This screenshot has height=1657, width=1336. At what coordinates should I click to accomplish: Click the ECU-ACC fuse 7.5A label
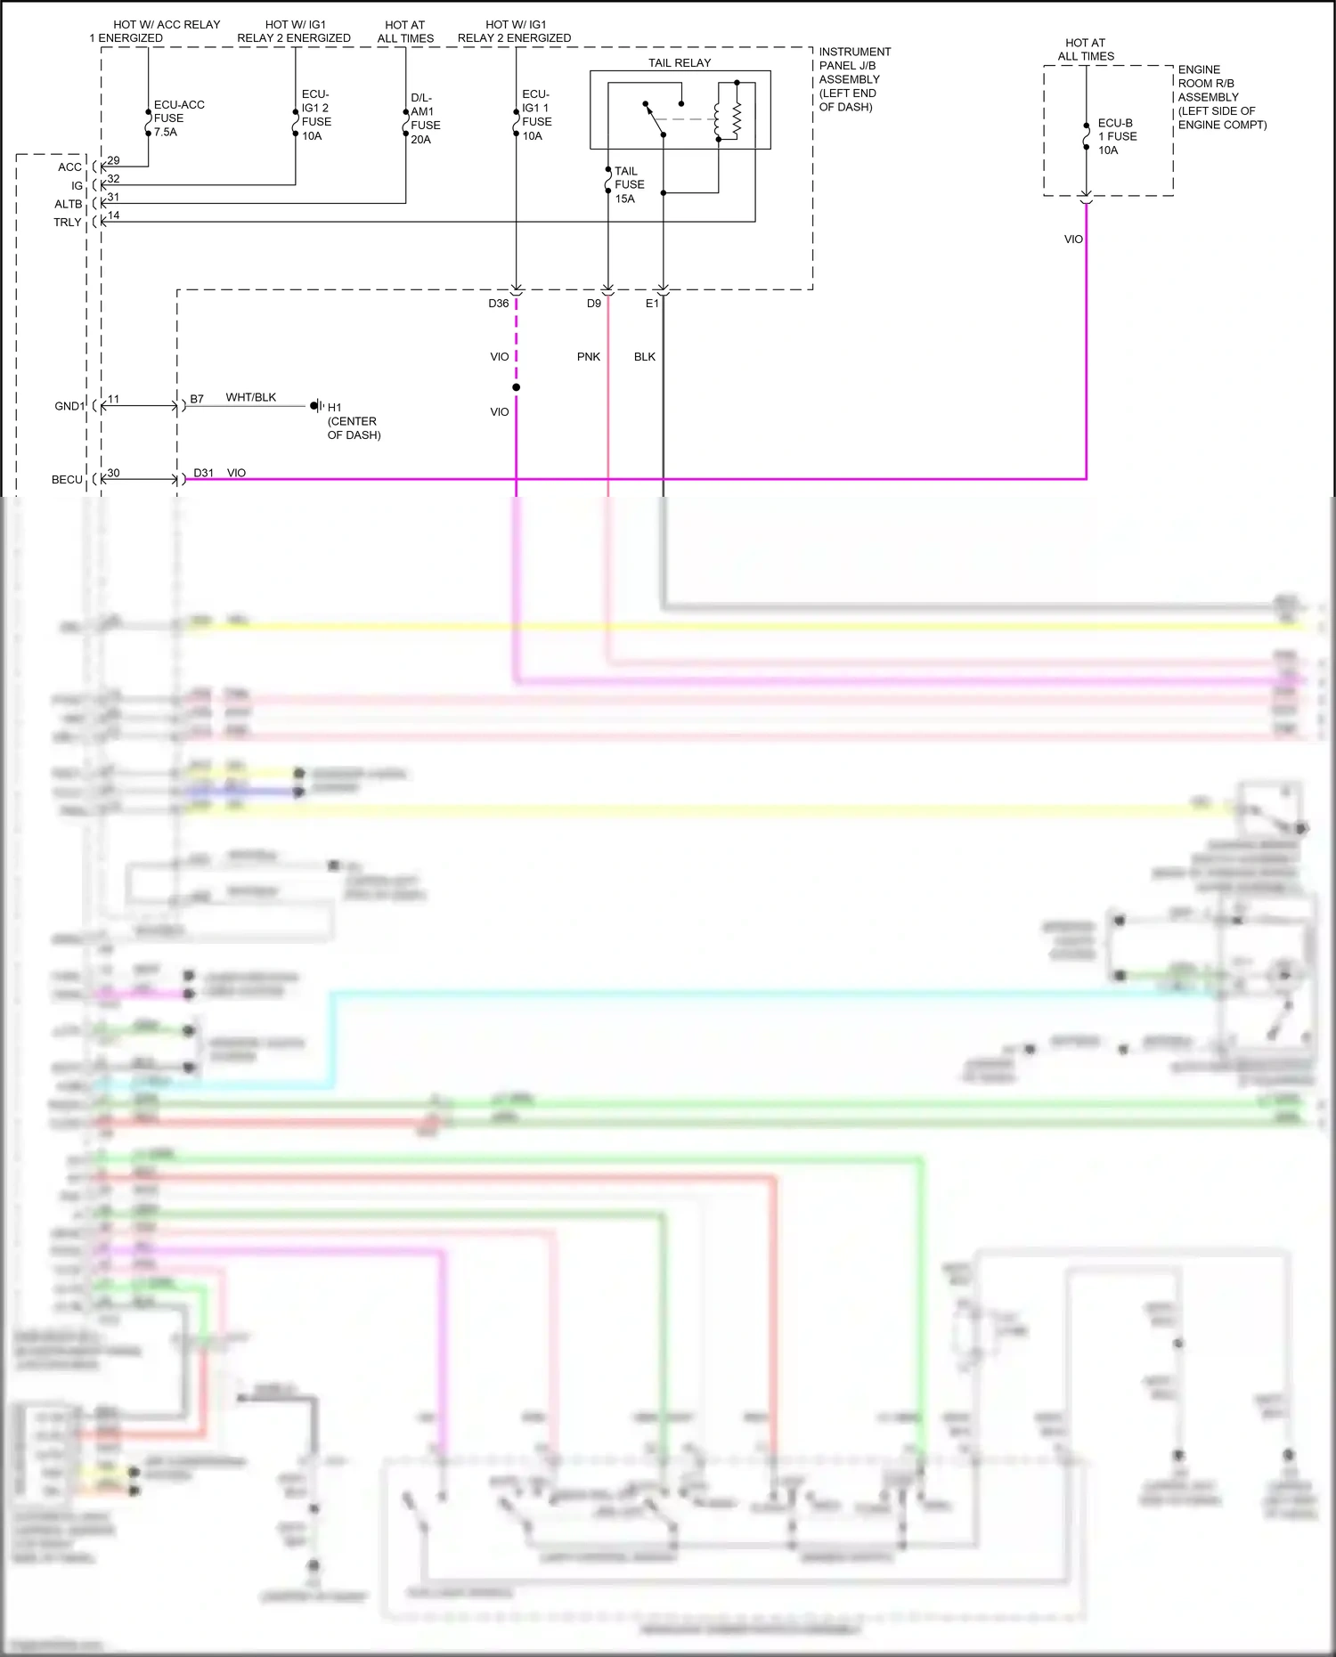point(178,118)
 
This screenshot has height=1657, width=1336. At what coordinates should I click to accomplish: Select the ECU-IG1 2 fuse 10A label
point(316,115)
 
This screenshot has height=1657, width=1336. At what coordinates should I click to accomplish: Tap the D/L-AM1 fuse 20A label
point(425,118)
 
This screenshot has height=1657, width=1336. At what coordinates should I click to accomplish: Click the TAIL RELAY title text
point(680,63)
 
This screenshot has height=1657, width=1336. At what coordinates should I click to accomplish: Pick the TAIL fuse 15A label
point(629,184)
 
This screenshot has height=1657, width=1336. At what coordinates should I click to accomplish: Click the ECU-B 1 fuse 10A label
point(1117,136)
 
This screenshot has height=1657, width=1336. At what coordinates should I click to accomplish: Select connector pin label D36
point(498,304)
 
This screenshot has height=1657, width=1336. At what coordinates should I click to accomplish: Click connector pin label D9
point(594,304)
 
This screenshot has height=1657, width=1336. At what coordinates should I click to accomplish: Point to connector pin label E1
point(652,304)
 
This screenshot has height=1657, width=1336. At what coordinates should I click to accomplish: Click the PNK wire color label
point(589,357)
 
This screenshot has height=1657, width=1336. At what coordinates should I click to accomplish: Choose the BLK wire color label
point(645,357)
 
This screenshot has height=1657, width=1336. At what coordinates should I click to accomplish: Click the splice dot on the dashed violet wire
point(516,387)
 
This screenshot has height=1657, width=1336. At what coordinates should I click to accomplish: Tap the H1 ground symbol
point(315,406)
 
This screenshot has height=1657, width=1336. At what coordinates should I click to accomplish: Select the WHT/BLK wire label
point(251,397)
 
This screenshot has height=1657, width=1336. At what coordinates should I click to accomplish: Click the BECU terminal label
point(67,480)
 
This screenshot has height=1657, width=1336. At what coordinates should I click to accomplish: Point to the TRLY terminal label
point(68,223)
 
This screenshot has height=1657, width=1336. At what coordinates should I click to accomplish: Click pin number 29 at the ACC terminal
point(113,160)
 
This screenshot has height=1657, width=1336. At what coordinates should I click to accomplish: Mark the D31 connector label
point(204,473)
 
